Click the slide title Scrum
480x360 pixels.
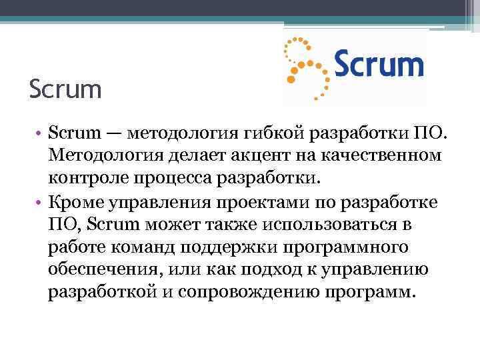[65, 89]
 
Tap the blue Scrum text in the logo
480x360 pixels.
[378, 65]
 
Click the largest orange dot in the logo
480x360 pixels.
[291, 79]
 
